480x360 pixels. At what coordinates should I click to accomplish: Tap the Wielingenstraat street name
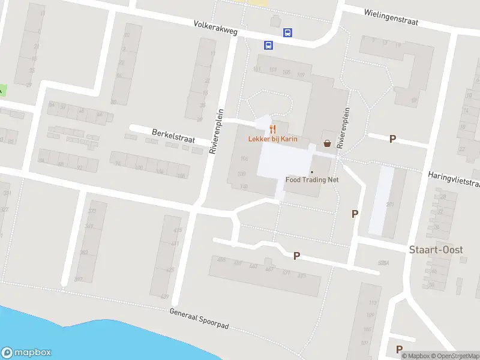[391, 16]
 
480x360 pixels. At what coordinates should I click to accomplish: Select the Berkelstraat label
[174, 136]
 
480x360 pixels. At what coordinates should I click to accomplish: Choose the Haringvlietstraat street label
[454, 178]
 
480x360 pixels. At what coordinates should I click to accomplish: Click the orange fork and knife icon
[272, 128]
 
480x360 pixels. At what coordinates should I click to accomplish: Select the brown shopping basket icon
[327, 143]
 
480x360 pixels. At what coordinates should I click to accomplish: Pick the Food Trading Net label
[312, 179]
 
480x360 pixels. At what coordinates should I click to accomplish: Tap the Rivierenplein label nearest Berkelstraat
[217, 132]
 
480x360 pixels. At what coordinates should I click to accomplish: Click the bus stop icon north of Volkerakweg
[287, 33]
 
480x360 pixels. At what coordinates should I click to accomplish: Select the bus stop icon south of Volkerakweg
[268, 45]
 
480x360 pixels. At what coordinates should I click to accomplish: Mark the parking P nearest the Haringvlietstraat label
[393, 139]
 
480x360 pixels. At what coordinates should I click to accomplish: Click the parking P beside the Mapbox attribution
[399, 349]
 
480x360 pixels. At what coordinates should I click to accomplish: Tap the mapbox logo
[26, 353]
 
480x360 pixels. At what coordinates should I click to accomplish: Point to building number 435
[177, 230]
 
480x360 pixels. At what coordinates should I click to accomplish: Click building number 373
[92, 211]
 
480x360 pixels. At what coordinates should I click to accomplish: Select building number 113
[372, 302]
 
